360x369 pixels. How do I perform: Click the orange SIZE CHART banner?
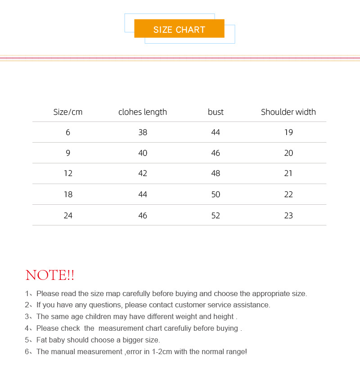179,29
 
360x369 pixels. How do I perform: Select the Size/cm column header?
68,112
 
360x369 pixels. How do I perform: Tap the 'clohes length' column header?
143,112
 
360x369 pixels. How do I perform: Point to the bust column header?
216,112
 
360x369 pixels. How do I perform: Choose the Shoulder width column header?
288,112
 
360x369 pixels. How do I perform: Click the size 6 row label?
68,132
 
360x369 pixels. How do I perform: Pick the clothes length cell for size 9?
143,153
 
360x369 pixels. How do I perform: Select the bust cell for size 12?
216,173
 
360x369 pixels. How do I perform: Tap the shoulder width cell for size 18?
288,194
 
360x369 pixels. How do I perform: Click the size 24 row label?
68,215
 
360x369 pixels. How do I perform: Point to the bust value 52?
216,215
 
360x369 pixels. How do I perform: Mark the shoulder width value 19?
288,132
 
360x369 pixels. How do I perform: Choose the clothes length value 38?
143,132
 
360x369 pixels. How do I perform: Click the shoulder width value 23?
288,215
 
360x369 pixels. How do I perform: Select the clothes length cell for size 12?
143,173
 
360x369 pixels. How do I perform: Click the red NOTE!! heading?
50,275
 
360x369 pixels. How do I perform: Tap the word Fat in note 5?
42,340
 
